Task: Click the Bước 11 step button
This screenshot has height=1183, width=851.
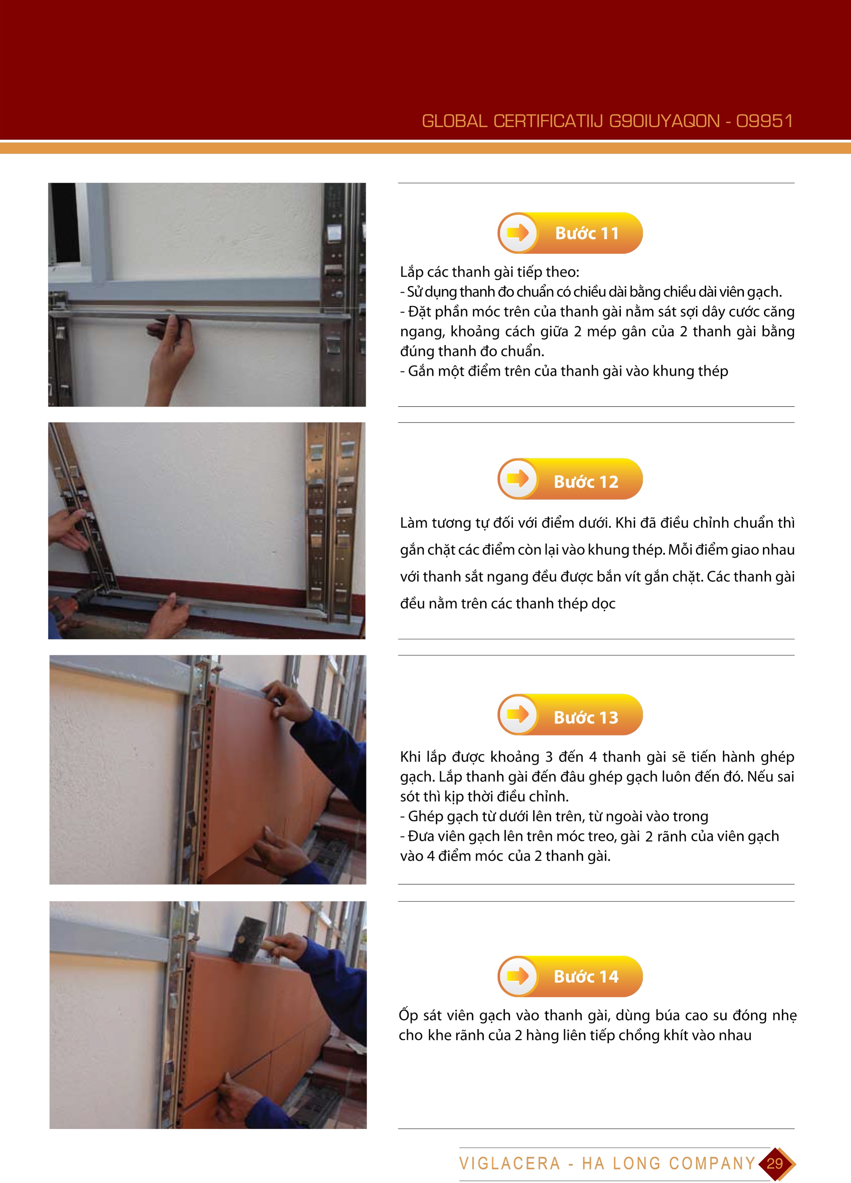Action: (x=570, y=233)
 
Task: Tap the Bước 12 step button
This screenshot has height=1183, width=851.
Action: (x=570, y=479)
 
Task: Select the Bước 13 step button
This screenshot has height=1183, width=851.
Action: (x=570, y=715)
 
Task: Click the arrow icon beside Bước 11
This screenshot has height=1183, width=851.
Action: (x=518, y=233)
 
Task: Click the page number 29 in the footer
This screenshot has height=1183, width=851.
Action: (x=775, y=1163)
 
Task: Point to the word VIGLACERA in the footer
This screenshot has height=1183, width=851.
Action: (x=509, y=1163)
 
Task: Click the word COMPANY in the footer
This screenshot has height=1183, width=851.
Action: (x=712, y=1163)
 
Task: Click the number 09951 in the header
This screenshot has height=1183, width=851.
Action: (x=764, y=121)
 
